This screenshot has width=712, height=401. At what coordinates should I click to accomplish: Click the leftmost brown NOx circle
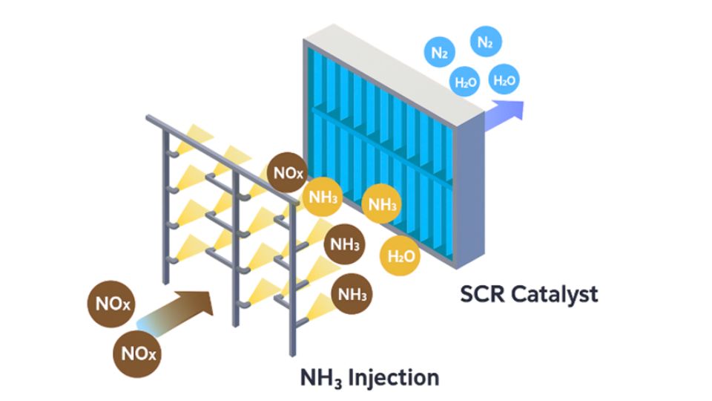113,304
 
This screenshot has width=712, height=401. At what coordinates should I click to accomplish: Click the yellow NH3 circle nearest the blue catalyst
382,205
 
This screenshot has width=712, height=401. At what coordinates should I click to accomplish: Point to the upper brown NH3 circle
345,244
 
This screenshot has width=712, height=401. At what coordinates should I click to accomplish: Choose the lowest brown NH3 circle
352,294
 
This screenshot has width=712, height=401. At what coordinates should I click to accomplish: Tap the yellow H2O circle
400,257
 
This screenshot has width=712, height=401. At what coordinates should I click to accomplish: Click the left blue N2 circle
439,53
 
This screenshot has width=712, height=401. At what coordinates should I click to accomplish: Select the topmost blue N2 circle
485,43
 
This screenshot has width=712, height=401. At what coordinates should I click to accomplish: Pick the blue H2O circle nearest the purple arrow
505,80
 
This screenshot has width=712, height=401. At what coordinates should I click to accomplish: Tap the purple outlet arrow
504,112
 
